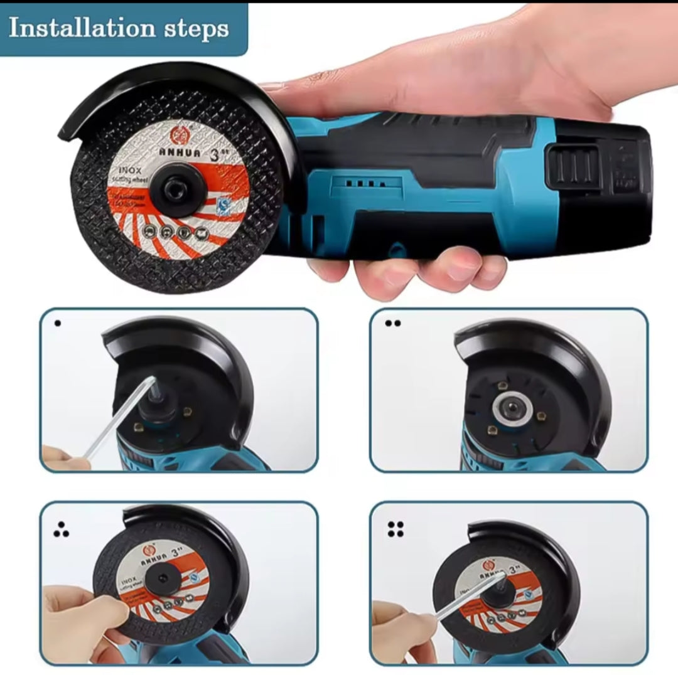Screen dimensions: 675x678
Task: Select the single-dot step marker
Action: tap(58, 324)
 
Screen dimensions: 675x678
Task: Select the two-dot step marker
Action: tap(392, 324)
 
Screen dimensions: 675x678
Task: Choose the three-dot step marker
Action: tap(60, 532)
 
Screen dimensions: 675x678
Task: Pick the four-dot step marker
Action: tap(395, 529)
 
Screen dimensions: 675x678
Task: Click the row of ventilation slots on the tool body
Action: tap(364, 184)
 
